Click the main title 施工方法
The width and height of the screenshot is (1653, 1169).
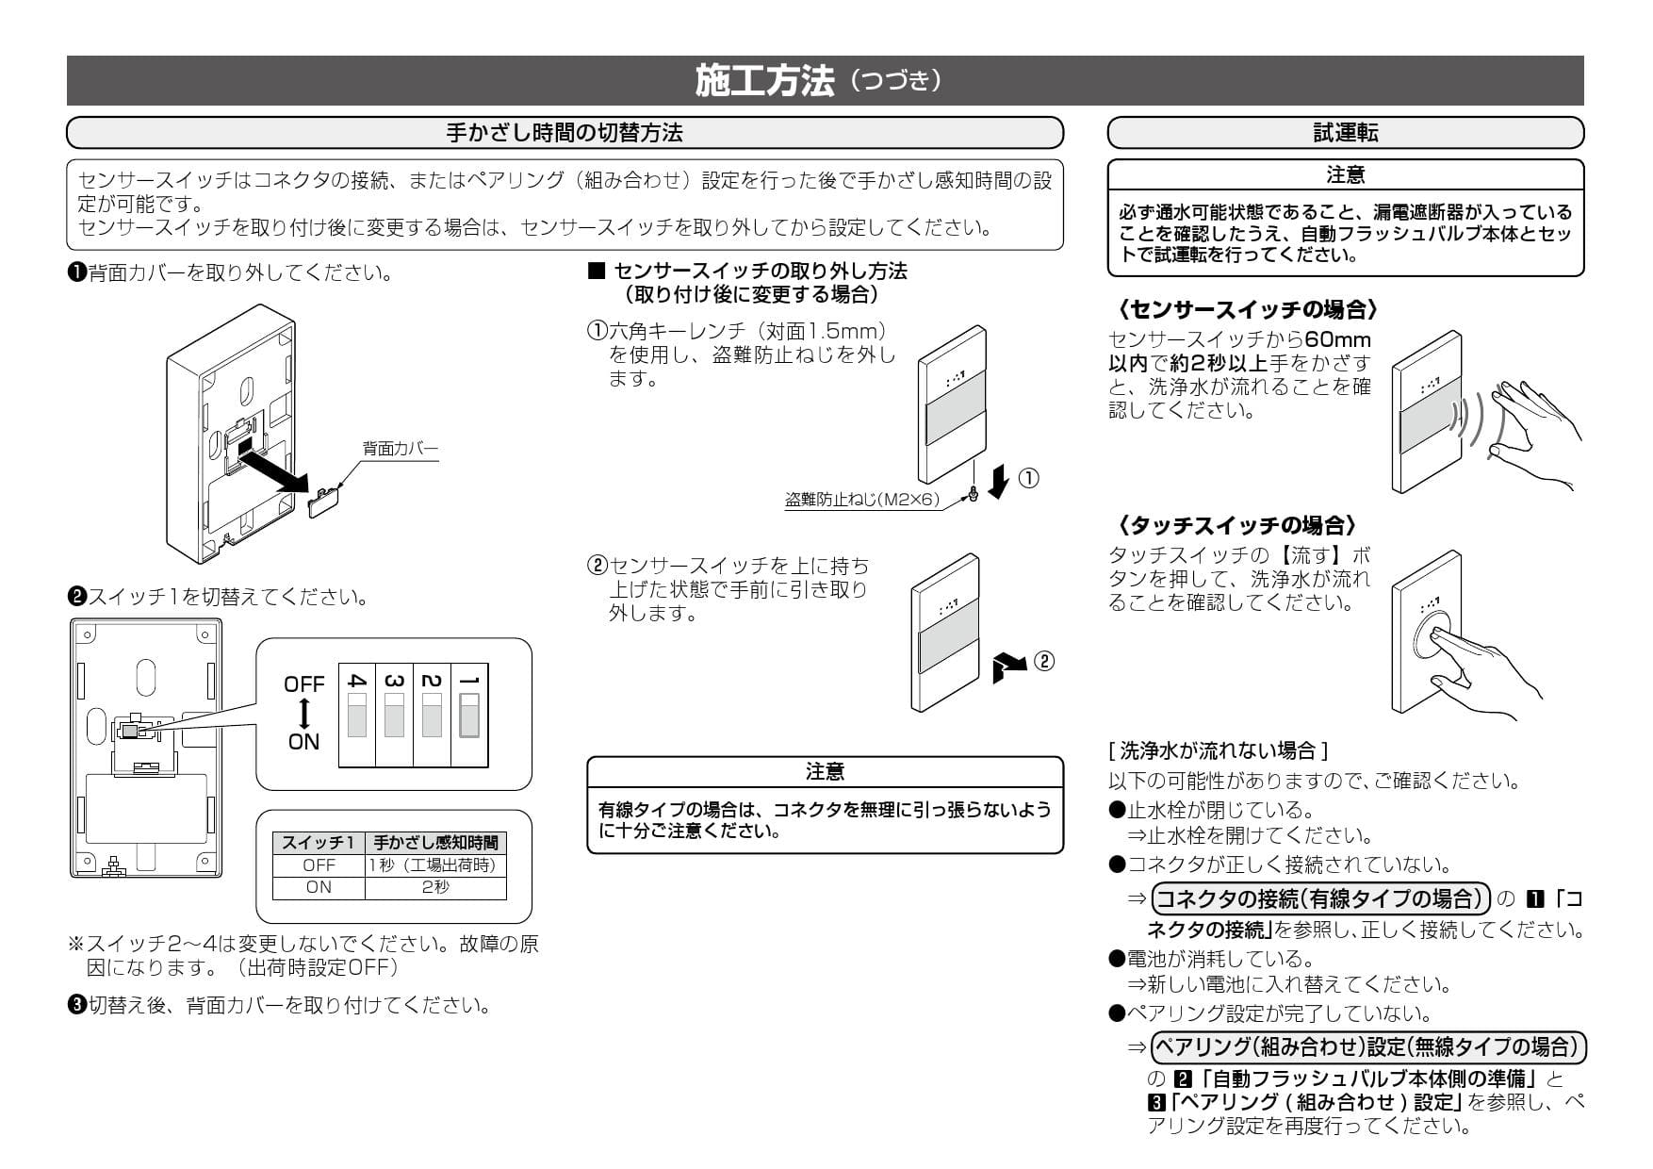click(764, 81)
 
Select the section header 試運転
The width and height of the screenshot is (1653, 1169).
click(1345, 133)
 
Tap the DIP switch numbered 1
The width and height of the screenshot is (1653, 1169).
click(468, 716)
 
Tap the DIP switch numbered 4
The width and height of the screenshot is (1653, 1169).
click(357, 716)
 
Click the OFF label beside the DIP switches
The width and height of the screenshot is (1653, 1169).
click(303, 684)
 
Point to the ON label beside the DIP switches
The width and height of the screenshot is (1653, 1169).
click(303, 742)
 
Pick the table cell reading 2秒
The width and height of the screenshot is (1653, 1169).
click(435, 887)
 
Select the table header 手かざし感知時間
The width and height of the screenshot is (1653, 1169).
click(435, 843)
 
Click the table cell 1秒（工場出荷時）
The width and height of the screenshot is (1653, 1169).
click(435, 865)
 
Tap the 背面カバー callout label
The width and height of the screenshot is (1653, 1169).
click(401, 449)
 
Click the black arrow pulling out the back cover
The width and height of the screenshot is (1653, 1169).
click(272, 469)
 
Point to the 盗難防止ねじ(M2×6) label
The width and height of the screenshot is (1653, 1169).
click(862, 500)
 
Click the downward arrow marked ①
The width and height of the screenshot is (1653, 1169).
click(999, 481)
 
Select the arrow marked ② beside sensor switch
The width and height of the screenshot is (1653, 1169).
click(1010, 664)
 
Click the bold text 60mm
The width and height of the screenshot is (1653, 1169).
click(1337, 339)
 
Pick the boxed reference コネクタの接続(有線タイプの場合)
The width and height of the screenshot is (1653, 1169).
click(1320, 897)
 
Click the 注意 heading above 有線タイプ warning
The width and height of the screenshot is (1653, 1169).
click(825, 771)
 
